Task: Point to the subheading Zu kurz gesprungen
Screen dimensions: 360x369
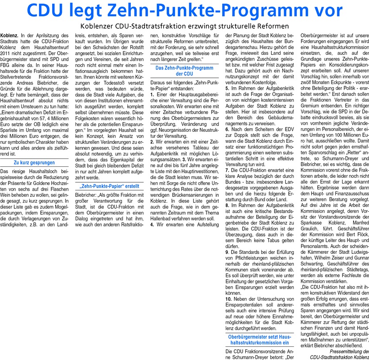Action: coord(34,163)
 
